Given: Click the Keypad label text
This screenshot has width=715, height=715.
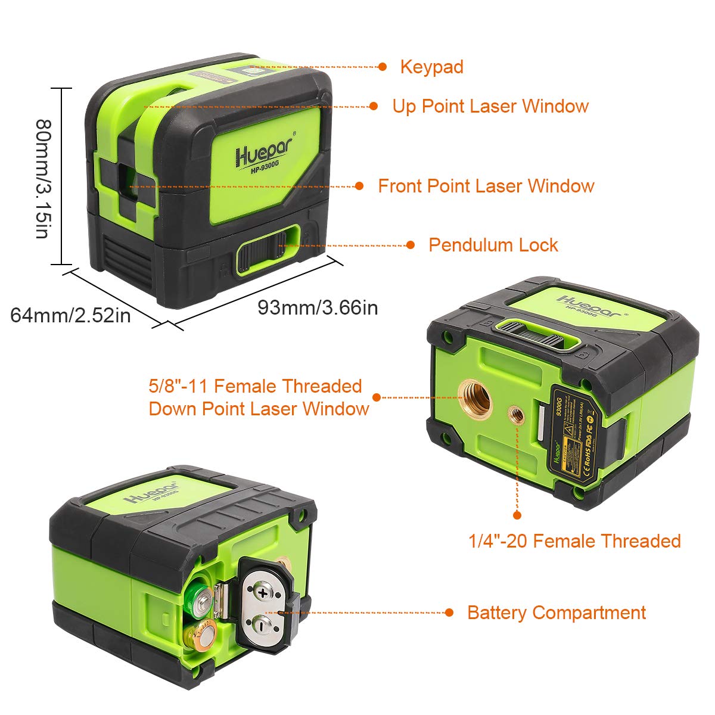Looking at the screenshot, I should point(431,67).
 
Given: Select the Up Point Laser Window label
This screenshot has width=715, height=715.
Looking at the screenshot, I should point(490,106).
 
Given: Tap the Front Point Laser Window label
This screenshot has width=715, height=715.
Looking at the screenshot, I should point(486,186).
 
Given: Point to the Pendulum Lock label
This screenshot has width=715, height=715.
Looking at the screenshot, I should point(493,245).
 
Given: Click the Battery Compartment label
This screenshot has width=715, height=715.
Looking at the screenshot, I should point(556,613).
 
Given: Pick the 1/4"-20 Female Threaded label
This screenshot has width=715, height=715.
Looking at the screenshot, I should point(574,541).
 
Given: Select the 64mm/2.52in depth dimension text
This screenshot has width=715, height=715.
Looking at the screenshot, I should point(70,315).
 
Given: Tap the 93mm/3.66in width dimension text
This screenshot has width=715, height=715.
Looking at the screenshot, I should point(318,307).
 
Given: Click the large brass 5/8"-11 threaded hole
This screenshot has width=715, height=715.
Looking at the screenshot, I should point(475,396).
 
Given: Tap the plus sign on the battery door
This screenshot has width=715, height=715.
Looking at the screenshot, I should point(263,592).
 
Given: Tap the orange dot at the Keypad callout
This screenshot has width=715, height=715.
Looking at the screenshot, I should point(383,67).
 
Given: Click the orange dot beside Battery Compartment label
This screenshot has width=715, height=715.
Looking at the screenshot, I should point(450,613).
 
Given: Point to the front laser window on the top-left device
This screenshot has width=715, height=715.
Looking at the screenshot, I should point(126,180).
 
